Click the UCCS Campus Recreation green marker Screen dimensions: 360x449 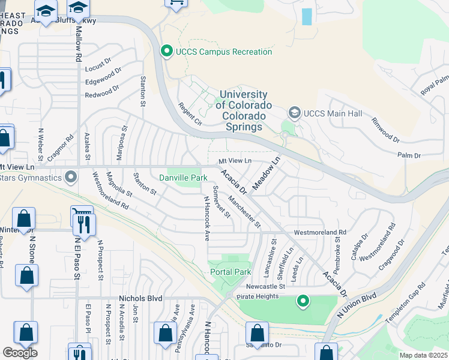pyautogui.click(x=167, y=52)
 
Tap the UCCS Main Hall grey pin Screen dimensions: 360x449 pyautogui.click(x=294, y=112)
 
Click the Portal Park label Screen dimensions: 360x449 pyautogui.click(x=230, y=272)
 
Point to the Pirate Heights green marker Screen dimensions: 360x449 pyautogui.click(x=304, y=301)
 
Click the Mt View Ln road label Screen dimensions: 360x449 pyautogui.click(x=234, y=161)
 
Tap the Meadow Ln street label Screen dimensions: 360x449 pyautogui.click(x=267, y=174)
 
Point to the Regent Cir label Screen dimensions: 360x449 pyautogui.click(x=190, y=114)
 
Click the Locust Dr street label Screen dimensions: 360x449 pyautogui.click(x=98, y=61)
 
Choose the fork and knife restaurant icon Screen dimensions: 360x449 pyautogui.click(x=83, y=224)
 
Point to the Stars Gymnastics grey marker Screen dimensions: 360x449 pyautogui.click(x=71, y=178)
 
